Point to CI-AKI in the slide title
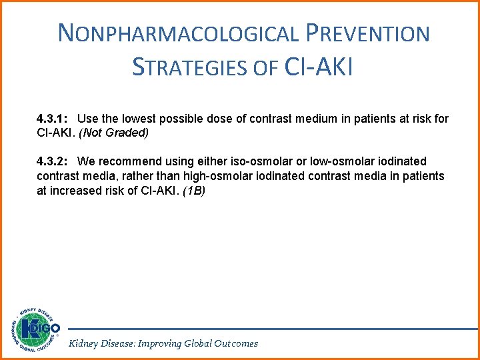(318, 67)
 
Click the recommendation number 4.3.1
(52, 119)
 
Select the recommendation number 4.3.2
(52, 161)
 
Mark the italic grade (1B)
(193, 190)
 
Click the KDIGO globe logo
(33, 330)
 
